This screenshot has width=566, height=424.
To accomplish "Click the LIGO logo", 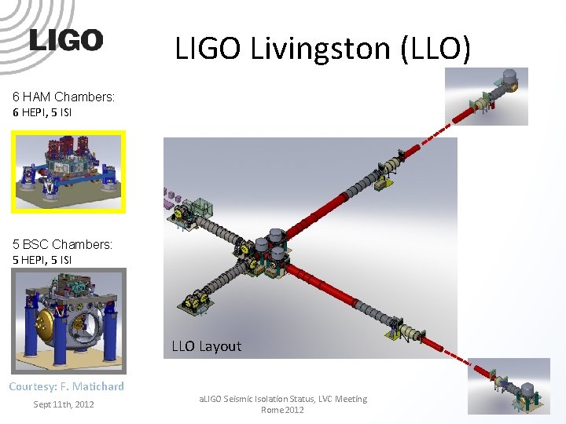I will tap(66, 40).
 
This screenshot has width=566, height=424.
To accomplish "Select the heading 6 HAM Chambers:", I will tap(64, 97).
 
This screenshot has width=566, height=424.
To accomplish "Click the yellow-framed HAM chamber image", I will tap(68, 172).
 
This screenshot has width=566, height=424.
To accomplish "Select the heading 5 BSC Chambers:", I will tap(62, 244).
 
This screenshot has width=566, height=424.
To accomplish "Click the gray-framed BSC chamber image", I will tap(68, 320).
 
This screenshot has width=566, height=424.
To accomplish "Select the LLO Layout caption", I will tap(207, 346).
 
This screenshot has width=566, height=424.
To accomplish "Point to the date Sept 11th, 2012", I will tap(64, 404).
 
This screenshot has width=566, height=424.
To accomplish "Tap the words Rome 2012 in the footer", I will tap(282, 410).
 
